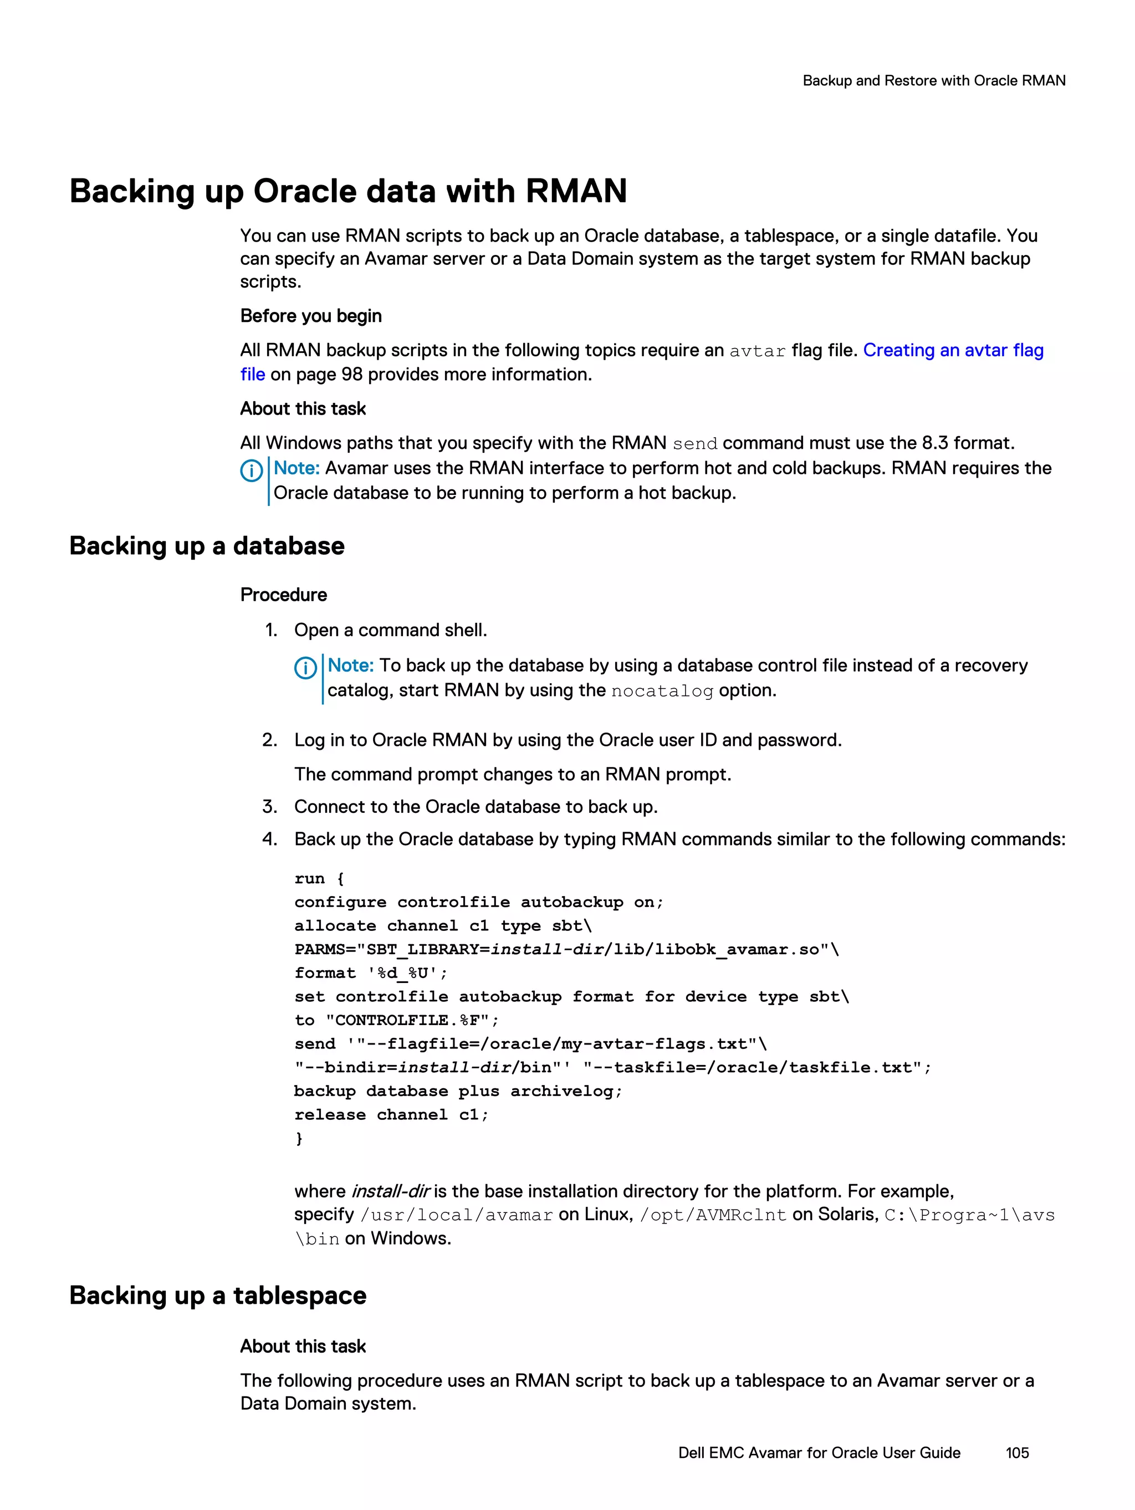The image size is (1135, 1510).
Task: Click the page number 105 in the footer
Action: (1016, 1453)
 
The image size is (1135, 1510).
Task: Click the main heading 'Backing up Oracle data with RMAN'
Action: (347, 191)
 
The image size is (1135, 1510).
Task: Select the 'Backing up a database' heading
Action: (207, 546)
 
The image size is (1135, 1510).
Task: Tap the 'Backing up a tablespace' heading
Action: (218, 1296)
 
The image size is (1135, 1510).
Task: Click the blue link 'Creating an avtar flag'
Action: (953, 350)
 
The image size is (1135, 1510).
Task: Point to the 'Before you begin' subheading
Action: (311, 316)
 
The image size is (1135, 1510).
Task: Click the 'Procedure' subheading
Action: (283, 595)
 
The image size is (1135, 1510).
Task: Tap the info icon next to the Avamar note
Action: (251, 470)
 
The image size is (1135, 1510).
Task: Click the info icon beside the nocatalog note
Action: (305, 668)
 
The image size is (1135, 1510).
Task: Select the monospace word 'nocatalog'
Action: (662, 692)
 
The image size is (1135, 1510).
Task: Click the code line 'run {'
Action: (319, 878)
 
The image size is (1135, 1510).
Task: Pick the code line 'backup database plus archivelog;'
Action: (458, 1091)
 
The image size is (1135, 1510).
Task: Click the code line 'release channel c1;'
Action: (391, 1115)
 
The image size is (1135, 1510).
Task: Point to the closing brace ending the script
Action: (298, 1138)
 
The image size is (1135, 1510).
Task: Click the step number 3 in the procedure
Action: (269, 807)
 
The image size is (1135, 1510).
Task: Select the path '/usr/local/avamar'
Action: (456, 1215)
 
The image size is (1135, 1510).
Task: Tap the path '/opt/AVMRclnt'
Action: (713, 1215)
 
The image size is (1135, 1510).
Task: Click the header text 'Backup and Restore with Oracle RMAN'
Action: (933, 80)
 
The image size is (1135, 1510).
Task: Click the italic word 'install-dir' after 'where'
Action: (390, 1191)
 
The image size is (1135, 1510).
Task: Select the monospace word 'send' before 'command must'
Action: (694, 444)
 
